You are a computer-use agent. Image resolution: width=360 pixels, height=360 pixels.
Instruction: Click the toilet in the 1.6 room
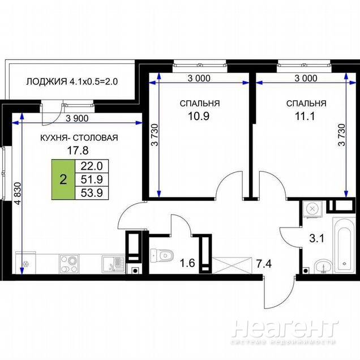click(162, 255)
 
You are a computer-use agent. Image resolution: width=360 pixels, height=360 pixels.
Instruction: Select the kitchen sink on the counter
click(113, 264)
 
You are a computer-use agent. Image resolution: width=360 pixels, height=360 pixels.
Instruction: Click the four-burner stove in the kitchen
click(69, 264)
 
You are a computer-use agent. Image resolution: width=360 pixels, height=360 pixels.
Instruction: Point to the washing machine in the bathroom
click(312, 209)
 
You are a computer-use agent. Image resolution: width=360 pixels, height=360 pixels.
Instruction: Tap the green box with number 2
click(63, 179)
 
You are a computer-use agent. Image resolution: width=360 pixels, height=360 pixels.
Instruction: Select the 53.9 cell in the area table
click(92, 193)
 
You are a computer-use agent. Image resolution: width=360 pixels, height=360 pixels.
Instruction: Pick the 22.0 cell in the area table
click(92, 166)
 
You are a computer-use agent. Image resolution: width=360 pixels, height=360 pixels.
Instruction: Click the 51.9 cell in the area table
click(92, 179)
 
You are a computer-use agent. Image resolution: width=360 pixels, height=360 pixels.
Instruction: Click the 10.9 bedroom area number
click(199, 116)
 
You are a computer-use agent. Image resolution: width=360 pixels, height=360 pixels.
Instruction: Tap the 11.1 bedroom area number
click(305, 117)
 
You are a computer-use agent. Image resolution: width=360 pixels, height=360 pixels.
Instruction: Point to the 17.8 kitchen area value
click(78, 151)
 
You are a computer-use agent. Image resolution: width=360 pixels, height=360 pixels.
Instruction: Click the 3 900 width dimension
click(77, 118)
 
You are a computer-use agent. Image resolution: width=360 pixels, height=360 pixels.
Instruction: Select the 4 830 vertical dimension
click(18, 194)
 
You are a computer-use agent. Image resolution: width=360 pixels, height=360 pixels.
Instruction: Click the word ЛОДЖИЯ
click(46, 82)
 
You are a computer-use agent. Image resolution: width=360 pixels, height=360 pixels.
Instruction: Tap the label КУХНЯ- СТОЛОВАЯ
click(79, 138)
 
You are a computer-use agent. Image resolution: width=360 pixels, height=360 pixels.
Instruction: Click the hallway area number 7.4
click(264, 264)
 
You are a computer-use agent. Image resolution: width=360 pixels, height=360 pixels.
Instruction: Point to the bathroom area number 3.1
click(317, 239)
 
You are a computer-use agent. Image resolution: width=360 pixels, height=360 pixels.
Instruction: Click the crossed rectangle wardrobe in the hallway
click(232, 265)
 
